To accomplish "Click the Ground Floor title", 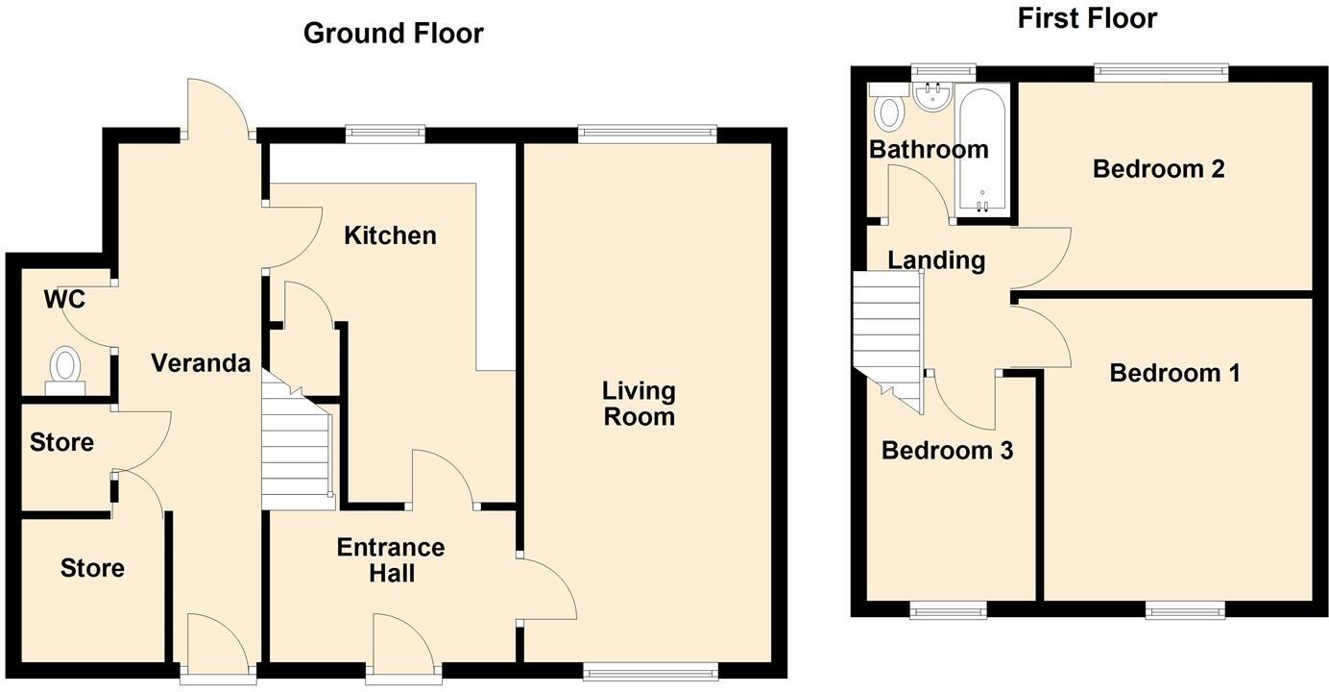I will [393, 34].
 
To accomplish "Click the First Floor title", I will [1087, 18].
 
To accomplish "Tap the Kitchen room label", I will [390, 235].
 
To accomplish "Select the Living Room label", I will [639, 404].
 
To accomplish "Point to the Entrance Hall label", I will [390, 560].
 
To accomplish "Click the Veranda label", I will [201, 363].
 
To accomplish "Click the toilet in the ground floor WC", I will [65, 368].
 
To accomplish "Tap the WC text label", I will [64, 300].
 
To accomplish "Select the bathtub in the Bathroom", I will [981, 149].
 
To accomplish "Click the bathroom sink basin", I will [931, 97].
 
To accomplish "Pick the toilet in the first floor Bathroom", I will [889, 110].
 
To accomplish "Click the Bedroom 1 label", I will [1173, 373].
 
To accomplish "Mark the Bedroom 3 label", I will [947, 451].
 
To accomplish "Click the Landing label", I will [935, 260].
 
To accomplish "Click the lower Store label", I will [92, 569].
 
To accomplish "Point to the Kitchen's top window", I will [385, 132].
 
